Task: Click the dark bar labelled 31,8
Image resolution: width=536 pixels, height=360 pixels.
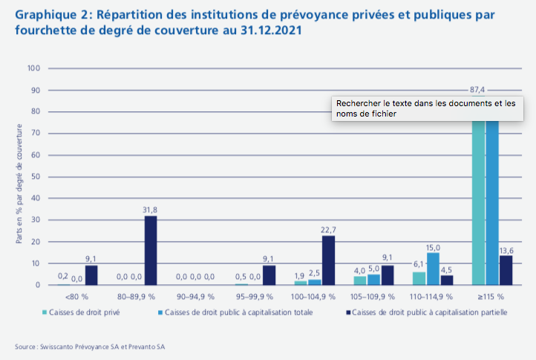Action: [151, 250]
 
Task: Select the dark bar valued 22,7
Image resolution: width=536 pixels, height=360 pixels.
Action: [328, 260]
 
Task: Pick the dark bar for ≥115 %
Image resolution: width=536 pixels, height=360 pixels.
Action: [506, 270]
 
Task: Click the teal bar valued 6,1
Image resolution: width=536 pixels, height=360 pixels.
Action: [419, 278]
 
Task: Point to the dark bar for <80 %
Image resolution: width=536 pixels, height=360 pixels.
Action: [91, 275]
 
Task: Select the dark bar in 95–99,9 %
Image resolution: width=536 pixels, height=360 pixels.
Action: [269, 275]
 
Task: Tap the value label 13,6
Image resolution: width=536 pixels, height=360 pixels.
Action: [507, 249]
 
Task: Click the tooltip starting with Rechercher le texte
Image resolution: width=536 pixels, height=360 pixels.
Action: [427, 109]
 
